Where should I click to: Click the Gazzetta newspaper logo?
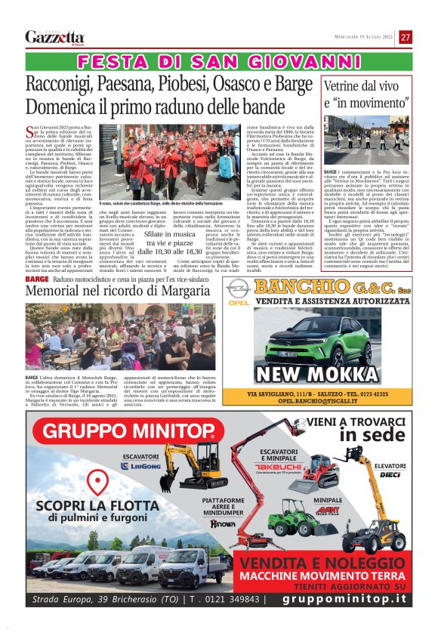[x=54, y=37]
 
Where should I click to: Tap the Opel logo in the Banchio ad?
[x=238, y=289]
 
